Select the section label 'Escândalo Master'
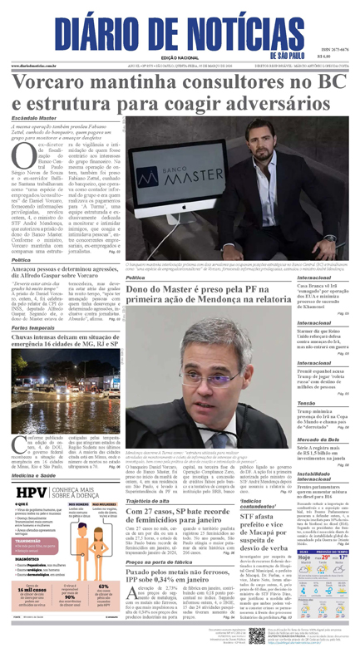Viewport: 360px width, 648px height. tap(33, 119)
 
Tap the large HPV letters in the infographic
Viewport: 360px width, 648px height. tap(30, 492)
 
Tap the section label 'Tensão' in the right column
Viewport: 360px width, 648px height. tap(307, 402)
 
